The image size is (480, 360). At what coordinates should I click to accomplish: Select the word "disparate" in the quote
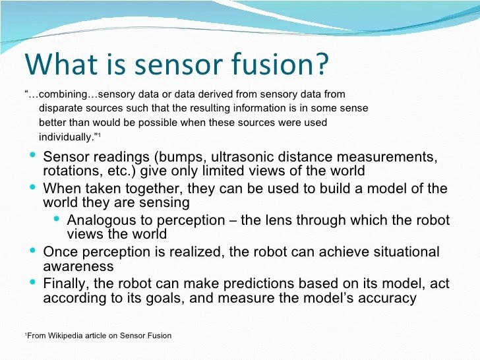[61, 108]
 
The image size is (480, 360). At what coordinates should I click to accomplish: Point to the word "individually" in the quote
[65, 136]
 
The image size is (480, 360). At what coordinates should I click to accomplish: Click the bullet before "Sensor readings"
[32, 156]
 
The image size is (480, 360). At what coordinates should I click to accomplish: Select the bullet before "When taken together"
[32, 187]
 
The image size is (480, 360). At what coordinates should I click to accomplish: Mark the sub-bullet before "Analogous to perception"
[57, 218]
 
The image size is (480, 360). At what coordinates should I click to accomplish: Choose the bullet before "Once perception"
[32, 251]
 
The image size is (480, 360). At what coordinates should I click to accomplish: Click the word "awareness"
[78, 266]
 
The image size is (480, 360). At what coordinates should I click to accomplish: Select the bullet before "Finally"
[32, 282]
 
